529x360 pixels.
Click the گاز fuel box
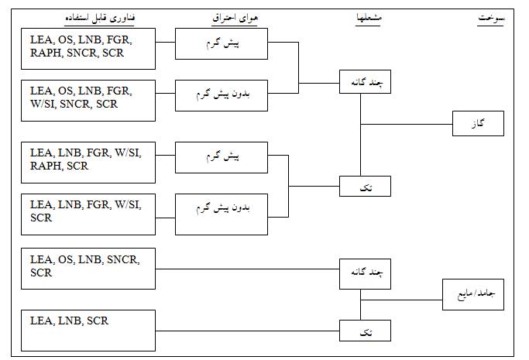[x=479, y=124]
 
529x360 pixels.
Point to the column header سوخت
[x=489, y=16]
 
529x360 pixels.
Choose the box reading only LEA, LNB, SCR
[x=88, y=330]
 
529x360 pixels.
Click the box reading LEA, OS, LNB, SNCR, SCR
[x=88, y=268]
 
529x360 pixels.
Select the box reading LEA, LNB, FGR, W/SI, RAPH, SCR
[x=88, y=160]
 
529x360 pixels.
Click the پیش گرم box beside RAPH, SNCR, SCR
[x=222, y=44]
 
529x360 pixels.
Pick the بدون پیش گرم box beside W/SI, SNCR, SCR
[x=222, y=98]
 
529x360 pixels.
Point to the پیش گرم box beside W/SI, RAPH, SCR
[x=222, y=157]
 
